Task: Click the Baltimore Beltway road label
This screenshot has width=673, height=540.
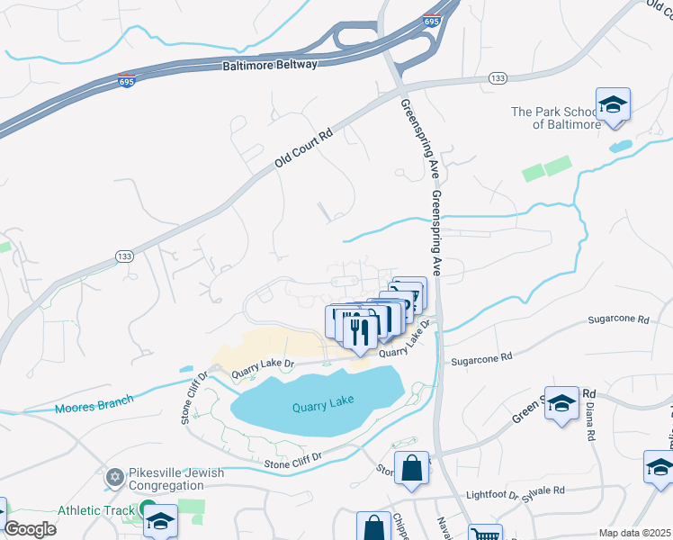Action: [270, 67]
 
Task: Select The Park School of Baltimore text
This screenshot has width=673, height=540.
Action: [555, 118]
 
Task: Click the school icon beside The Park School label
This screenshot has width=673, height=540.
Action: [613, 104]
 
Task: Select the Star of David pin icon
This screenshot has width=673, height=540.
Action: [114, 475]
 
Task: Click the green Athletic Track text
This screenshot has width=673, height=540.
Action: [94, 510]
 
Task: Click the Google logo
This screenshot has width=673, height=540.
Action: [30, 528]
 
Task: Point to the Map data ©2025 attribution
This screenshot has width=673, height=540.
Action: [634, 533]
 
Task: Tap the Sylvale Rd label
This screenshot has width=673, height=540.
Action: [545, 490]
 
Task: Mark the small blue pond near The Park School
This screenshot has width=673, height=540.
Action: [620, 146]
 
